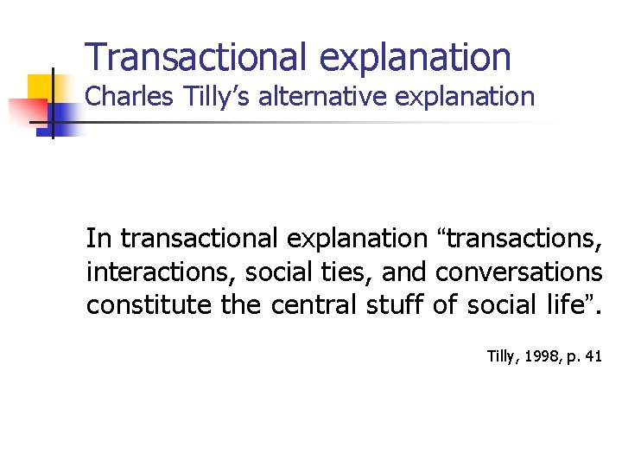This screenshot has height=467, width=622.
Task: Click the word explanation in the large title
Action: (416, 57)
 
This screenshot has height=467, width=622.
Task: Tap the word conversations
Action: (518, 272)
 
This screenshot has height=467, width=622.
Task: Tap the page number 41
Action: (593, 355)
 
